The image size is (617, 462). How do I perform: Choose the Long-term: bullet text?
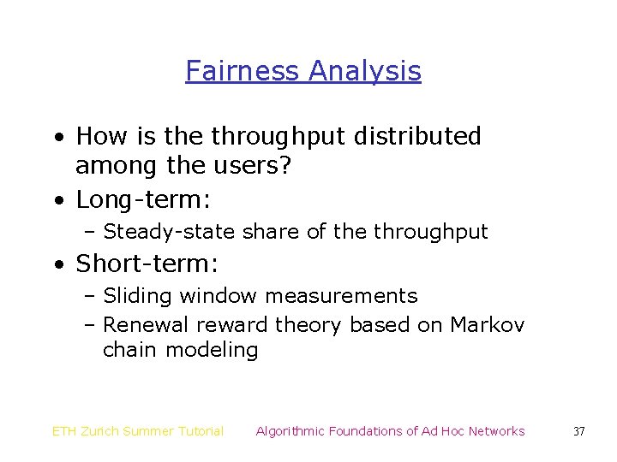[x=143, y=200]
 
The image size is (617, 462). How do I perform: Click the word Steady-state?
[x=170, y=232]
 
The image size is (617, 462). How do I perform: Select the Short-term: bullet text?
[x=147, y=264]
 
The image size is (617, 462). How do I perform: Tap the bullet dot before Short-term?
[x=56, y=264]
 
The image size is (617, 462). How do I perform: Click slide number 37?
[x=578, y=431]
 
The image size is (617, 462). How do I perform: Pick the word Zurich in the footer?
[x=101, y=431]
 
